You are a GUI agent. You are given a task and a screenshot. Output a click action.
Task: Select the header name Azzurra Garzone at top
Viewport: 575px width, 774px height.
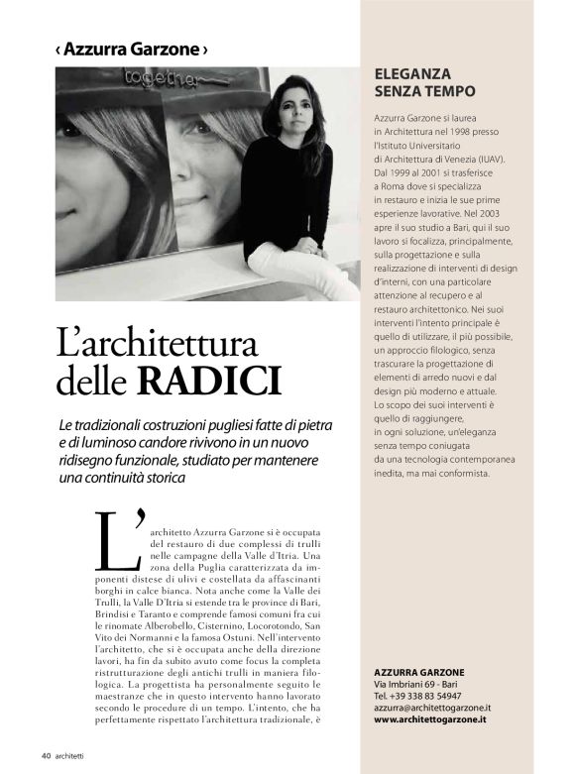click(x=132, y=49)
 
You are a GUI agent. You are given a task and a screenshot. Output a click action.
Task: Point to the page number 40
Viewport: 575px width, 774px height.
click(x=46, y=755)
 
